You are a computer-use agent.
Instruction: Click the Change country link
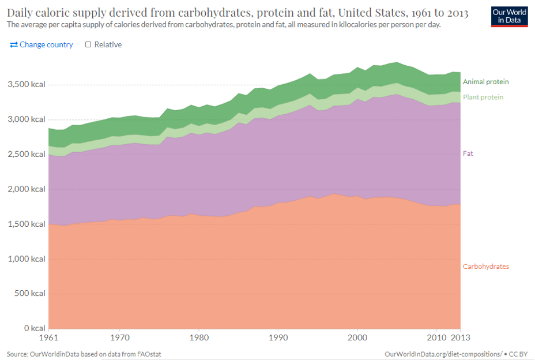(x=42, y=44)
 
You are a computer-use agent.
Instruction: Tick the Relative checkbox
(x=88, y=44)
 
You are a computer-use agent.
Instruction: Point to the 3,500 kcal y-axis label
(x=27, y=84)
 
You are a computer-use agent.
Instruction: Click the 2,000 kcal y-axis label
(x=27, y=189)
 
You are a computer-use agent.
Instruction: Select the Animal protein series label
(x=486, y=82)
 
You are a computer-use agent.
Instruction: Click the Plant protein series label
(x=483, y=97)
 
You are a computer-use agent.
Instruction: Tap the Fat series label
(x=468, y=153)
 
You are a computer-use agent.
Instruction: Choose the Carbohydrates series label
(x=486, y=266)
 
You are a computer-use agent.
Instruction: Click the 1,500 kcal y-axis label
(x=27, y=223)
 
